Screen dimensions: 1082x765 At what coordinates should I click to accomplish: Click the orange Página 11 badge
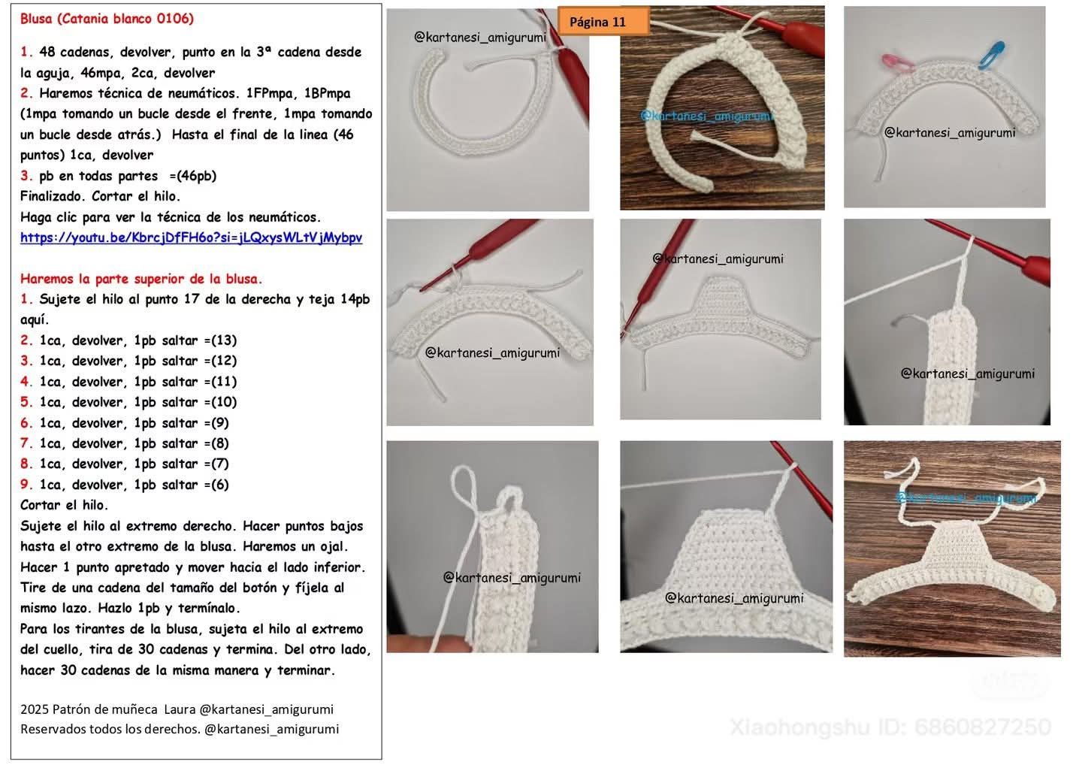[x=603, y=21]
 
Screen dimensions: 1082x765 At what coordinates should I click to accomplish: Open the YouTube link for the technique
[x=192, y=237]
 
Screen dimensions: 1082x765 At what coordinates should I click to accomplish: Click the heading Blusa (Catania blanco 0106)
[x=107, y=19]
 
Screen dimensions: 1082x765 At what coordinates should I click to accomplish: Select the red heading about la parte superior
[x=141, y=279]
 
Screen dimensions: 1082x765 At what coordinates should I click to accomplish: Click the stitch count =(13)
[x=220, y=340]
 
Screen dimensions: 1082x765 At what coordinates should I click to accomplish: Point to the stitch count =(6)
[x=216, y=485]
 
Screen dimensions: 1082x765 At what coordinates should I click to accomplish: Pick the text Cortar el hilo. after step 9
[x=64, y=505]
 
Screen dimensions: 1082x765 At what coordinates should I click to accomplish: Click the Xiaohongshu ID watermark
[x=890, y=727]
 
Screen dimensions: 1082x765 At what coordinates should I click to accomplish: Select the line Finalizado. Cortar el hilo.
[x=100, y=196]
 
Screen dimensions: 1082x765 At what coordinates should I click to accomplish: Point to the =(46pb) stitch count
[x=192, y=176]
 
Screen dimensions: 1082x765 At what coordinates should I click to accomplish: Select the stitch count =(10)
[x=220, y=402]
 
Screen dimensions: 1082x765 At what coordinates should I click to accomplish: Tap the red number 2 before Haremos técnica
[x=26, y=93]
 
